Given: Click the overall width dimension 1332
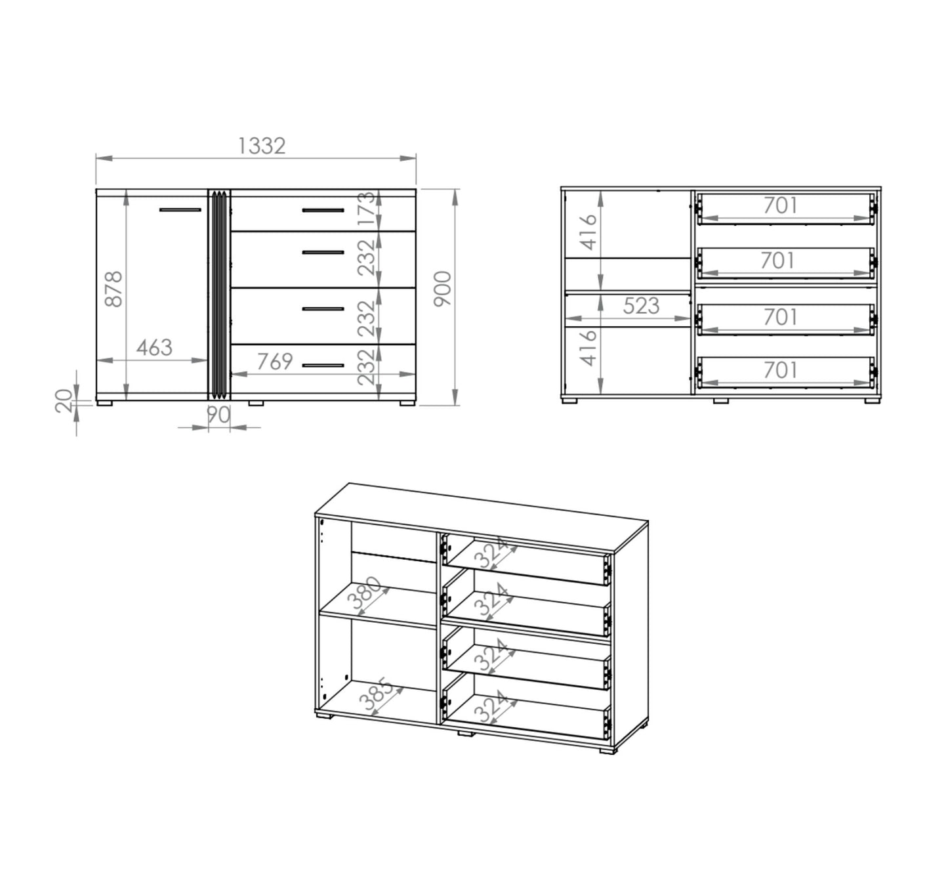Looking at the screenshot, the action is (262, 146).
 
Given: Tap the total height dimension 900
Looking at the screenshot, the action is (442, 289).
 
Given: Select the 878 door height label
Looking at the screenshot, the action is (113, 289).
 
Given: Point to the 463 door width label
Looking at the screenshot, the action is (154, 348).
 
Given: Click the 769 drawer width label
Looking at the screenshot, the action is (275, 362).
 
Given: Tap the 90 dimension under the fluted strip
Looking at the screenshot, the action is (218, 415).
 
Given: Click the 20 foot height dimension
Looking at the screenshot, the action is (64, 401).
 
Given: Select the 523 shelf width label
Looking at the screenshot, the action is (641, 306).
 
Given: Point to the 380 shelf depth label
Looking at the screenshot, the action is (367, 595).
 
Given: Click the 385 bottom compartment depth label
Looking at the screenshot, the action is (377, 694).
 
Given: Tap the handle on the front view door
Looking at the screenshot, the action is (180, 210).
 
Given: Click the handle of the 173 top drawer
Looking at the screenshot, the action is (323, 210).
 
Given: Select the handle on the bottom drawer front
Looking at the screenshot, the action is (323, 366).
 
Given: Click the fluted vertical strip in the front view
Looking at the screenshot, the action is (219, 294).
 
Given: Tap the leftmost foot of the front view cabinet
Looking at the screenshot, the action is (104, 403).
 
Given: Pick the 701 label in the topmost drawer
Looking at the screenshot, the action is (781, 206).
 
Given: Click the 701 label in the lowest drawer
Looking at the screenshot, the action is (781, 370).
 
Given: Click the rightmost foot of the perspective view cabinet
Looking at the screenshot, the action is (608, 750).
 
